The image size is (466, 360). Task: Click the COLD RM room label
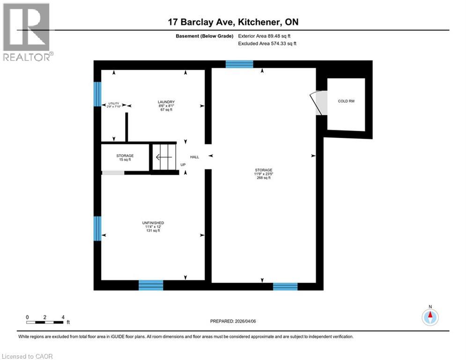[346, 101]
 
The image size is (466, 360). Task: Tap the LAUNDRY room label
[166, 102]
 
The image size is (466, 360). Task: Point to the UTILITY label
[114, 104]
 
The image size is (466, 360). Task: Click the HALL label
[194, 157]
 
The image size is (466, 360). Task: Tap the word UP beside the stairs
[183, 165]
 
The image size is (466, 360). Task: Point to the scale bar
[45, 322]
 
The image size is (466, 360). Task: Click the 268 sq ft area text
[264, 178]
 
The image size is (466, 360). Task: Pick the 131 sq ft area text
[153, 231]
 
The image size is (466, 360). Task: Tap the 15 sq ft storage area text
[125, 160]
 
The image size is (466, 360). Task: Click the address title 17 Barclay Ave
[233, 22]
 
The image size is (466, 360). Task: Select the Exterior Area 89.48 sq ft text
[267, 36]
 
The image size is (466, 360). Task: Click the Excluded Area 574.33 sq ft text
[267, 44]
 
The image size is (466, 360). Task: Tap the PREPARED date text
[233, 321]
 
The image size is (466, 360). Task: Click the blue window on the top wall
[239, 64]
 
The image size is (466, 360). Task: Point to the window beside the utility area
[97, 94]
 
